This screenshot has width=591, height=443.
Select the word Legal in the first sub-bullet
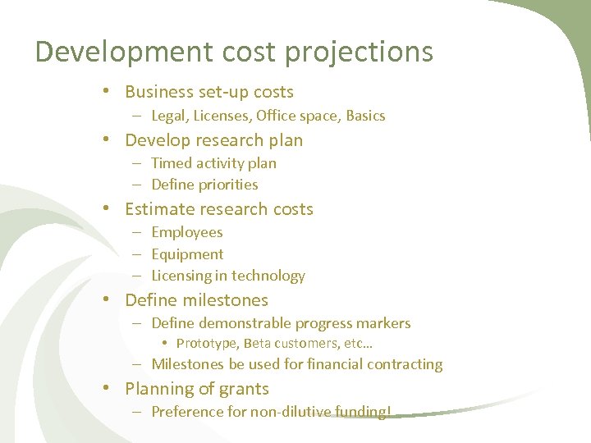pos(170,116)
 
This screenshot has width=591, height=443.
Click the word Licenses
pos(222,116)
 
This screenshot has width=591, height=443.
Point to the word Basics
pos(365,116)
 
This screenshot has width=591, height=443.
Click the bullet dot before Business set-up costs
pos(108,93)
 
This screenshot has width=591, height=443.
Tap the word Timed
pos(171,163)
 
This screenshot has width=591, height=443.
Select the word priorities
pos(227,185)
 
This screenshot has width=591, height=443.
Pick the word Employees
pos(187,233)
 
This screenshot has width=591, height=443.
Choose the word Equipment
pos(187,254)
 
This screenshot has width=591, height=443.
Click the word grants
pos(244,389)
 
